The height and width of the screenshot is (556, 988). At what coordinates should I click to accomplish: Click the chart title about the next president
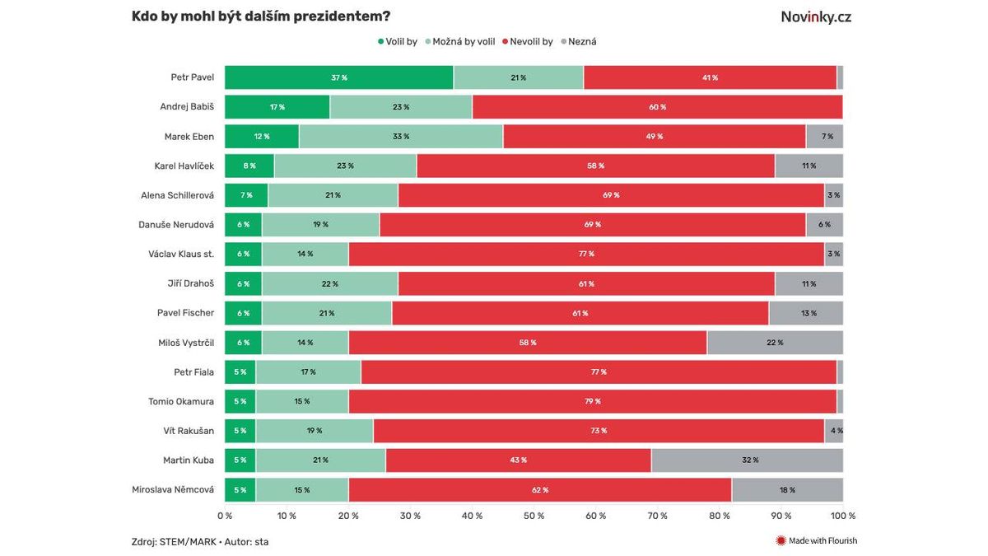pyautogui.click(x=261, y=16)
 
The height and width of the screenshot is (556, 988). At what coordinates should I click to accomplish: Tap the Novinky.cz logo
pyautogui.click(x=816, y=16)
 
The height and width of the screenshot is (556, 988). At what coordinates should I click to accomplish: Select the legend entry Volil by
pyautogui.click(x=398, y=41)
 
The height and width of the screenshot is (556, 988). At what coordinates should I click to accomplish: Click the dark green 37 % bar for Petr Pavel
pyautogui.click(x=338, y=77)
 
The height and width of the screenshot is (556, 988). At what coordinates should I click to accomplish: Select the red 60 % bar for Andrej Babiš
pyautogui.click(x=657, y=107)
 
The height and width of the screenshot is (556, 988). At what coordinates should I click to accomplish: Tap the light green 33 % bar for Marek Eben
pyautogui.click(x=401, y=137)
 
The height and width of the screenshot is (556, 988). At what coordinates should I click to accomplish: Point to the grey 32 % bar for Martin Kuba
pyautogui.click(x=747, y=460)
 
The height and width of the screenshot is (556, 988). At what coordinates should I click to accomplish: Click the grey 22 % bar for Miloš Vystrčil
pyautogui.click(x=775, y=343)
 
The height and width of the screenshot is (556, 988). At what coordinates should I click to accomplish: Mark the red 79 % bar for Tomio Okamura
pyautogui.click(x=592, y=401)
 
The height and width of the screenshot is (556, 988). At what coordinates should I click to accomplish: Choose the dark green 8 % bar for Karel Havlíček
pyautogui.click(x=249, y=166)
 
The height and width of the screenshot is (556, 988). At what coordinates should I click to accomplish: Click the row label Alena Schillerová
pyautogui.click(x=177, y=195)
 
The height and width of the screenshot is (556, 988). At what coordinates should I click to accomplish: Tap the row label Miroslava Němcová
pyautogui.click(x=173, y=489)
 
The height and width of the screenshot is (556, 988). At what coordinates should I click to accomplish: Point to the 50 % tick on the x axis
pyautogui.click(x=534, y=516)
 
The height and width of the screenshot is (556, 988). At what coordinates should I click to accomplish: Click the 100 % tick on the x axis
pyautogui.click(x=842, y=516)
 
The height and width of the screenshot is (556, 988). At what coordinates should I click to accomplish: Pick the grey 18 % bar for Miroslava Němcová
pyautogui.click(x=787, y=489)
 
